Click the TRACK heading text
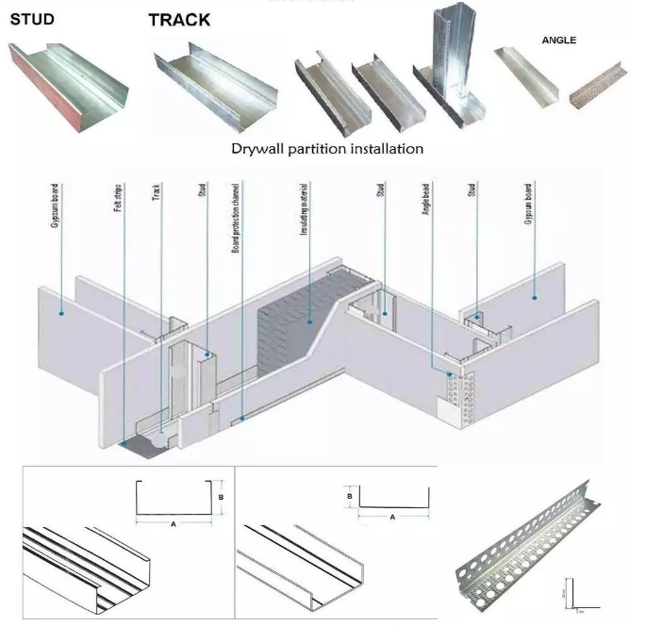179,20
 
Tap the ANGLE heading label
558,41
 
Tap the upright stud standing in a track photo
447,71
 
